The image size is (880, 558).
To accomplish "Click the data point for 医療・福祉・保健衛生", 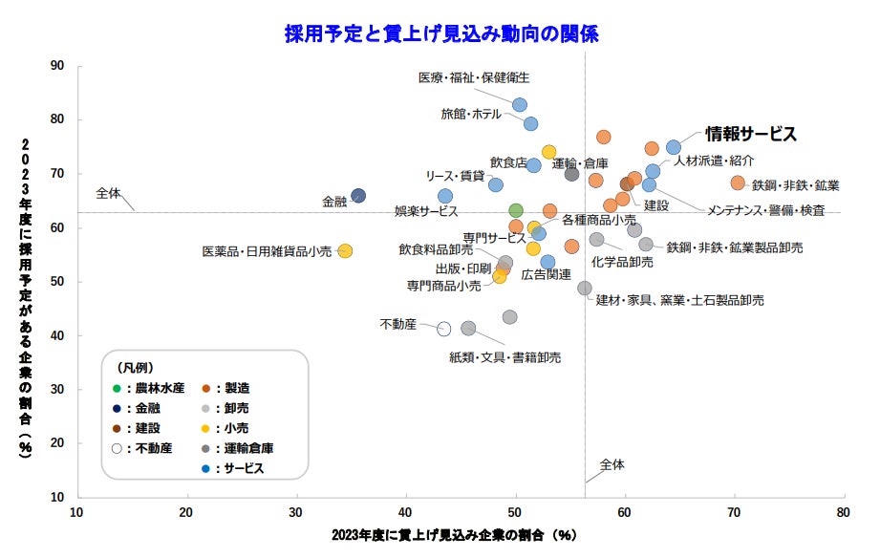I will click(520, 105).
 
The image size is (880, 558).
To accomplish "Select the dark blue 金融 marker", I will click(358, 196).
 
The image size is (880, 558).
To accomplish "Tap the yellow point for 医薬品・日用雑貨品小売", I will click(345, 251).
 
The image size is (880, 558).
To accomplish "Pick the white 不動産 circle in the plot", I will click(444, 329).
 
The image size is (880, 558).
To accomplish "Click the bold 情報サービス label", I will click(751, 134).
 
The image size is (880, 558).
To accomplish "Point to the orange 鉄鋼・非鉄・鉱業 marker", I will click(738, 182).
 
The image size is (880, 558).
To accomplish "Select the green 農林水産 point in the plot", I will click(516, 210).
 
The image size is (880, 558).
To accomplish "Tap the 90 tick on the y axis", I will click(56, 66).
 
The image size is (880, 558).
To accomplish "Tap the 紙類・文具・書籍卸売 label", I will click(504, 357).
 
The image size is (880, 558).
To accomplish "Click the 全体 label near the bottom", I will click(612, 464).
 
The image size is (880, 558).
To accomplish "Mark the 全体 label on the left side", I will click(109, 192).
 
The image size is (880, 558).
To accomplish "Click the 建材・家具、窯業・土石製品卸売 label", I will click(679, 300).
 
